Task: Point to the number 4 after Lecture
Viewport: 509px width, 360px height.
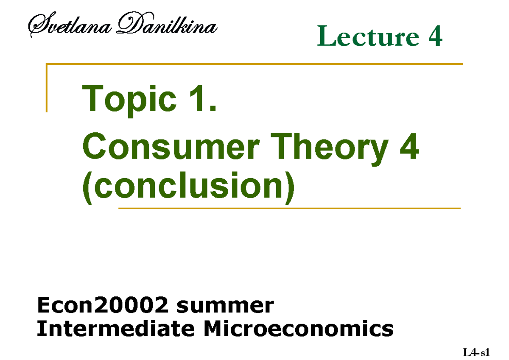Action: point(435,37)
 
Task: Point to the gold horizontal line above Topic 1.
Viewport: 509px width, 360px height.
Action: point(255,64)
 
